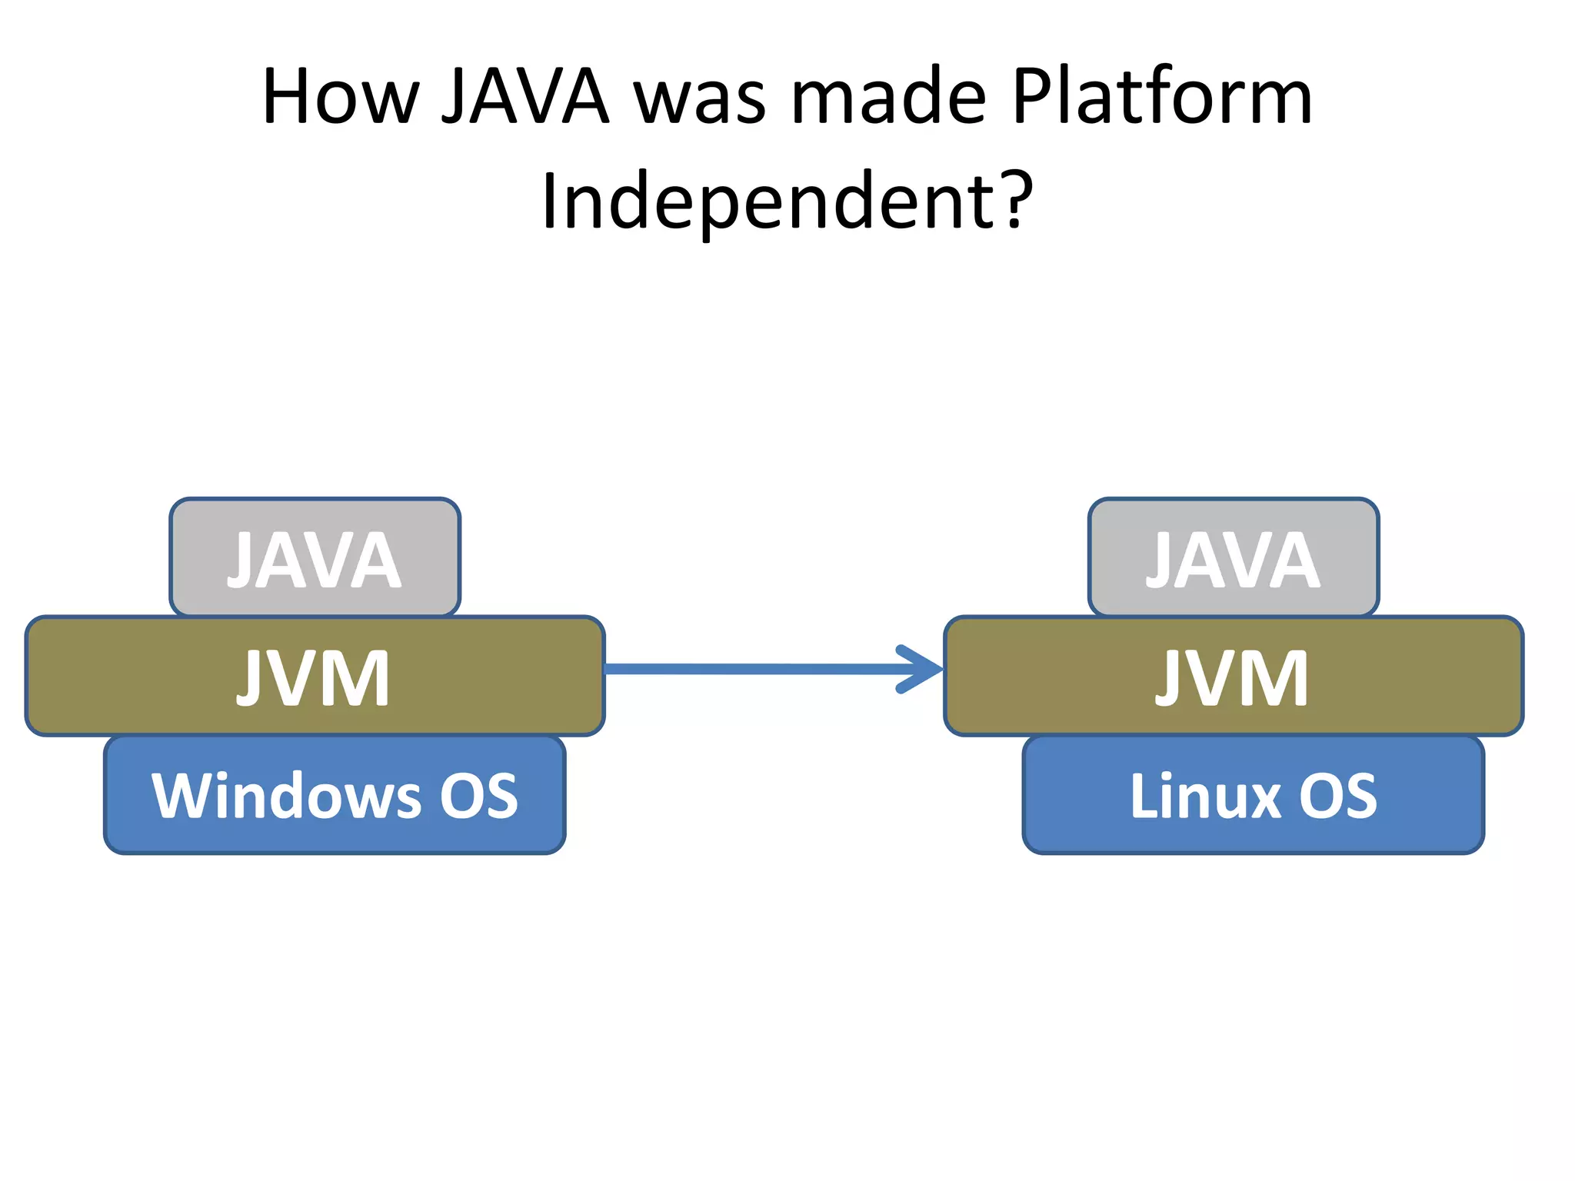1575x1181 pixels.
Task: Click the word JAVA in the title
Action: [x=525, y=98]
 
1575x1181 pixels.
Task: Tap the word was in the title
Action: [x=700, y=98]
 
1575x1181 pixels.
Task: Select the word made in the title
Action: [x=888, y=98]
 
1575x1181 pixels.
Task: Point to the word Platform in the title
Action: [x=1162, y=98]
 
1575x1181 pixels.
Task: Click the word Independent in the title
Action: [x=769, y=201]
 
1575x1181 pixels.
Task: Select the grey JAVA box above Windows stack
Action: [x=315, y=557]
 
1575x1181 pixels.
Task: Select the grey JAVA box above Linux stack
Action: [x=1233, y=557]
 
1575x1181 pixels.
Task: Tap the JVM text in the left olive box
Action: [x=314, y=677]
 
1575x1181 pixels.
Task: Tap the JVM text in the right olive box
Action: [x=1232, y=677]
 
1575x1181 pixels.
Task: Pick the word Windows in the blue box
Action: [x=286, y=796]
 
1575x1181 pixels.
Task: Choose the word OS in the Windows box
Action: [x=478, y=796]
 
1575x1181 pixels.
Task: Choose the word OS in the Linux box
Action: [x=1338, y=796]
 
